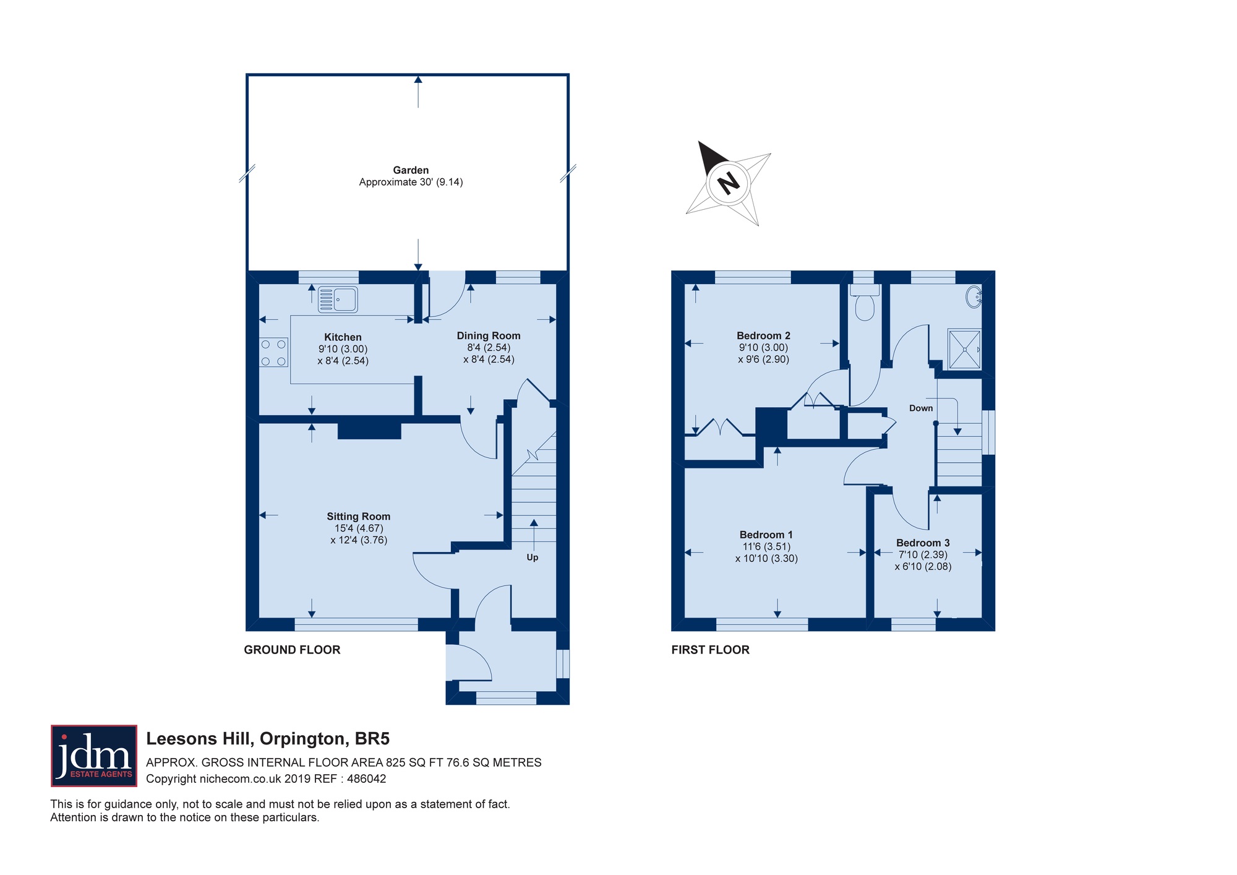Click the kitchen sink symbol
(x=338, y=300)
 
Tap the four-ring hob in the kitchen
(x=273, y=352)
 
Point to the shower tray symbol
(x=964, y=350)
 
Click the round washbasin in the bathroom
(x=974, y=296)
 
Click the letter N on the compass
(x=728, y=183)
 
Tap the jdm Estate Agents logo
(x=94, y=756)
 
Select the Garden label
(x=411, y=170)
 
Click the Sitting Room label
(x=359, y=516)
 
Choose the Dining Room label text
(x=489, y=335)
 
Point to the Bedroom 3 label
(x=923, y=543)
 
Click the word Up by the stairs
(x=533, y=558)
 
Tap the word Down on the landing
(x=921, y=408)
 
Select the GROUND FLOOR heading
(x=292, y=650)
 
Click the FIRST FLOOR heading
(x=710, y=650)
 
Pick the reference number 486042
(x=367, y=779)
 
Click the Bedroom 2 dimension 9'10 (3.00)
(x=763, y=348)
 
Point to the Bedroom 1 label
(x=766, y=535)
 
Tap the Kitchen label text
(x=343, y=337)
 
